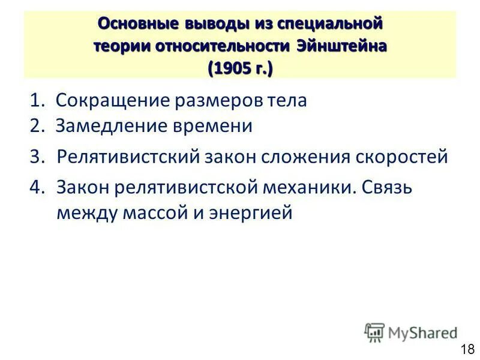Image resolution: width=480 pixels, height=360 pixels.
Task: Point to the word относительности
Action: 231,47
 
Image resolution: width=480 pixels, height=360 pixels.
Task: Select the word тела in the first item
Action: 287,100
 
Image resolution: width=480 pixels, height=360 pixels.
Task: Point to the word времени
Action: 216,126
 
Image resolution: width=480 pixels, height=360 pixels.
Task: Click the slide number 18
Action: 467,349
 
